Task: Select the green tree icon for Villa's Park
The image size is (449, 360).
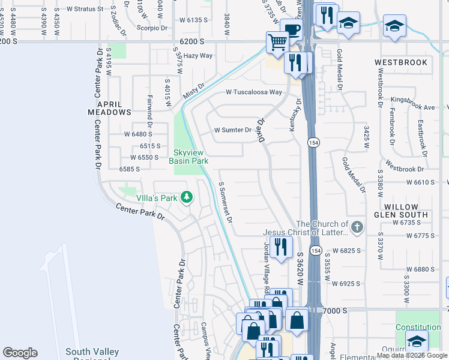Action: tap(187, 197)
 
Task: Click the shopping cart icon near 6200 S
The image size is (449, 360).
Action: tap(277, 42)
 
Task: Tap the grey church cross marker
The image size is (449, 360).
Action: tap(357, 227)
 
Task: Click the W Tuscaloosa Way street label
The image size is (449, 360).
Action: tap(253, 92)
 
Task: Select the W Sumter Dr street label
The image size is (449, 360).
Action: tap(232, 130)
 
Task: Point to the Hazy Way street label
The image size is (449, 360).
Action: tap(198, 55)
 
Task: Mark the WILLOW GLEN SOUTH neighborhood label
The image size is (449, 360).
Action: tap(401, 210)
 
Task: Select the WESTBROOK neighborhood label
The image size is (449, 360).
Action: tap(401, 62)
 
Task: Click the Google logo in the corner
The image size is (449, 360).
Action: tap(20, 353)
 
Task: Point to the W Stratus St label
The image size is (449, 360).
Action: tap(89, 10)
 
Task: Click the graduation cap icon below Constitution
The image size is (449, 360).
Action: tap(416, 340)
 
